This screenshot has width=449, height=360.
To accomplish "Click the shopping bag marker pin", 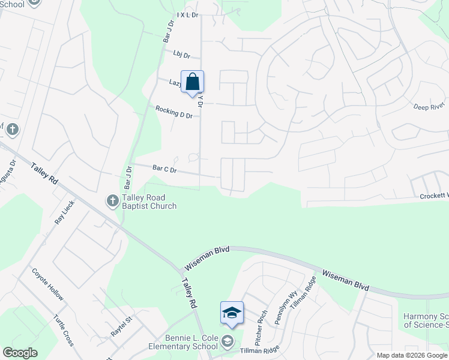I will click(192, 83).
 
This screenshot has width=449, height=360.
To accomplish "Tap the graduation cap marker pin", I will click(232, 313).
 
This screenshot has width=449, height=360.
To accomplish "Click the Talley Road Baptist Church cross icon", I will click(112, 200).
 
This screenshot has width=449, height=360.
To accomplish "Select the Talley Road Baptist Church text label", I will click(149, 202).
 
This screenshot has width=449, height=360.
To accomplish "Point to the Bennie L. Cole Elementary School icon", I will click(227, 342).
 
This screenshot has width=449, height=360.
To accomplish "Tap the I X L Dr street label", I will click(187, 15).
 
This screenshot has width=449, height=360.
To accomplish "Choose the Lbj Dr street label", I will click(181, 55).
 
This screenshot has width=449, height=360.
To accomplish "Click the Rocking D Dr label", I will click(173, 112).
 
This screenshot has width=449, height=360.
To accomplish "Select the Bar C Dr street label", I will click(164, 170).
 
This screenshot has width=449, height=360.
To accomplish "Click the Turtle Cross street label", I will click(63, 331).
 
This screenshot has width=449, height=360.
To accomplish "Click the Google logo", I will click(20, 353).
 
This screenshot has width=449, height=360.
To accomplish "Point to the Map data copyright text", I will click(412, 355).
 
